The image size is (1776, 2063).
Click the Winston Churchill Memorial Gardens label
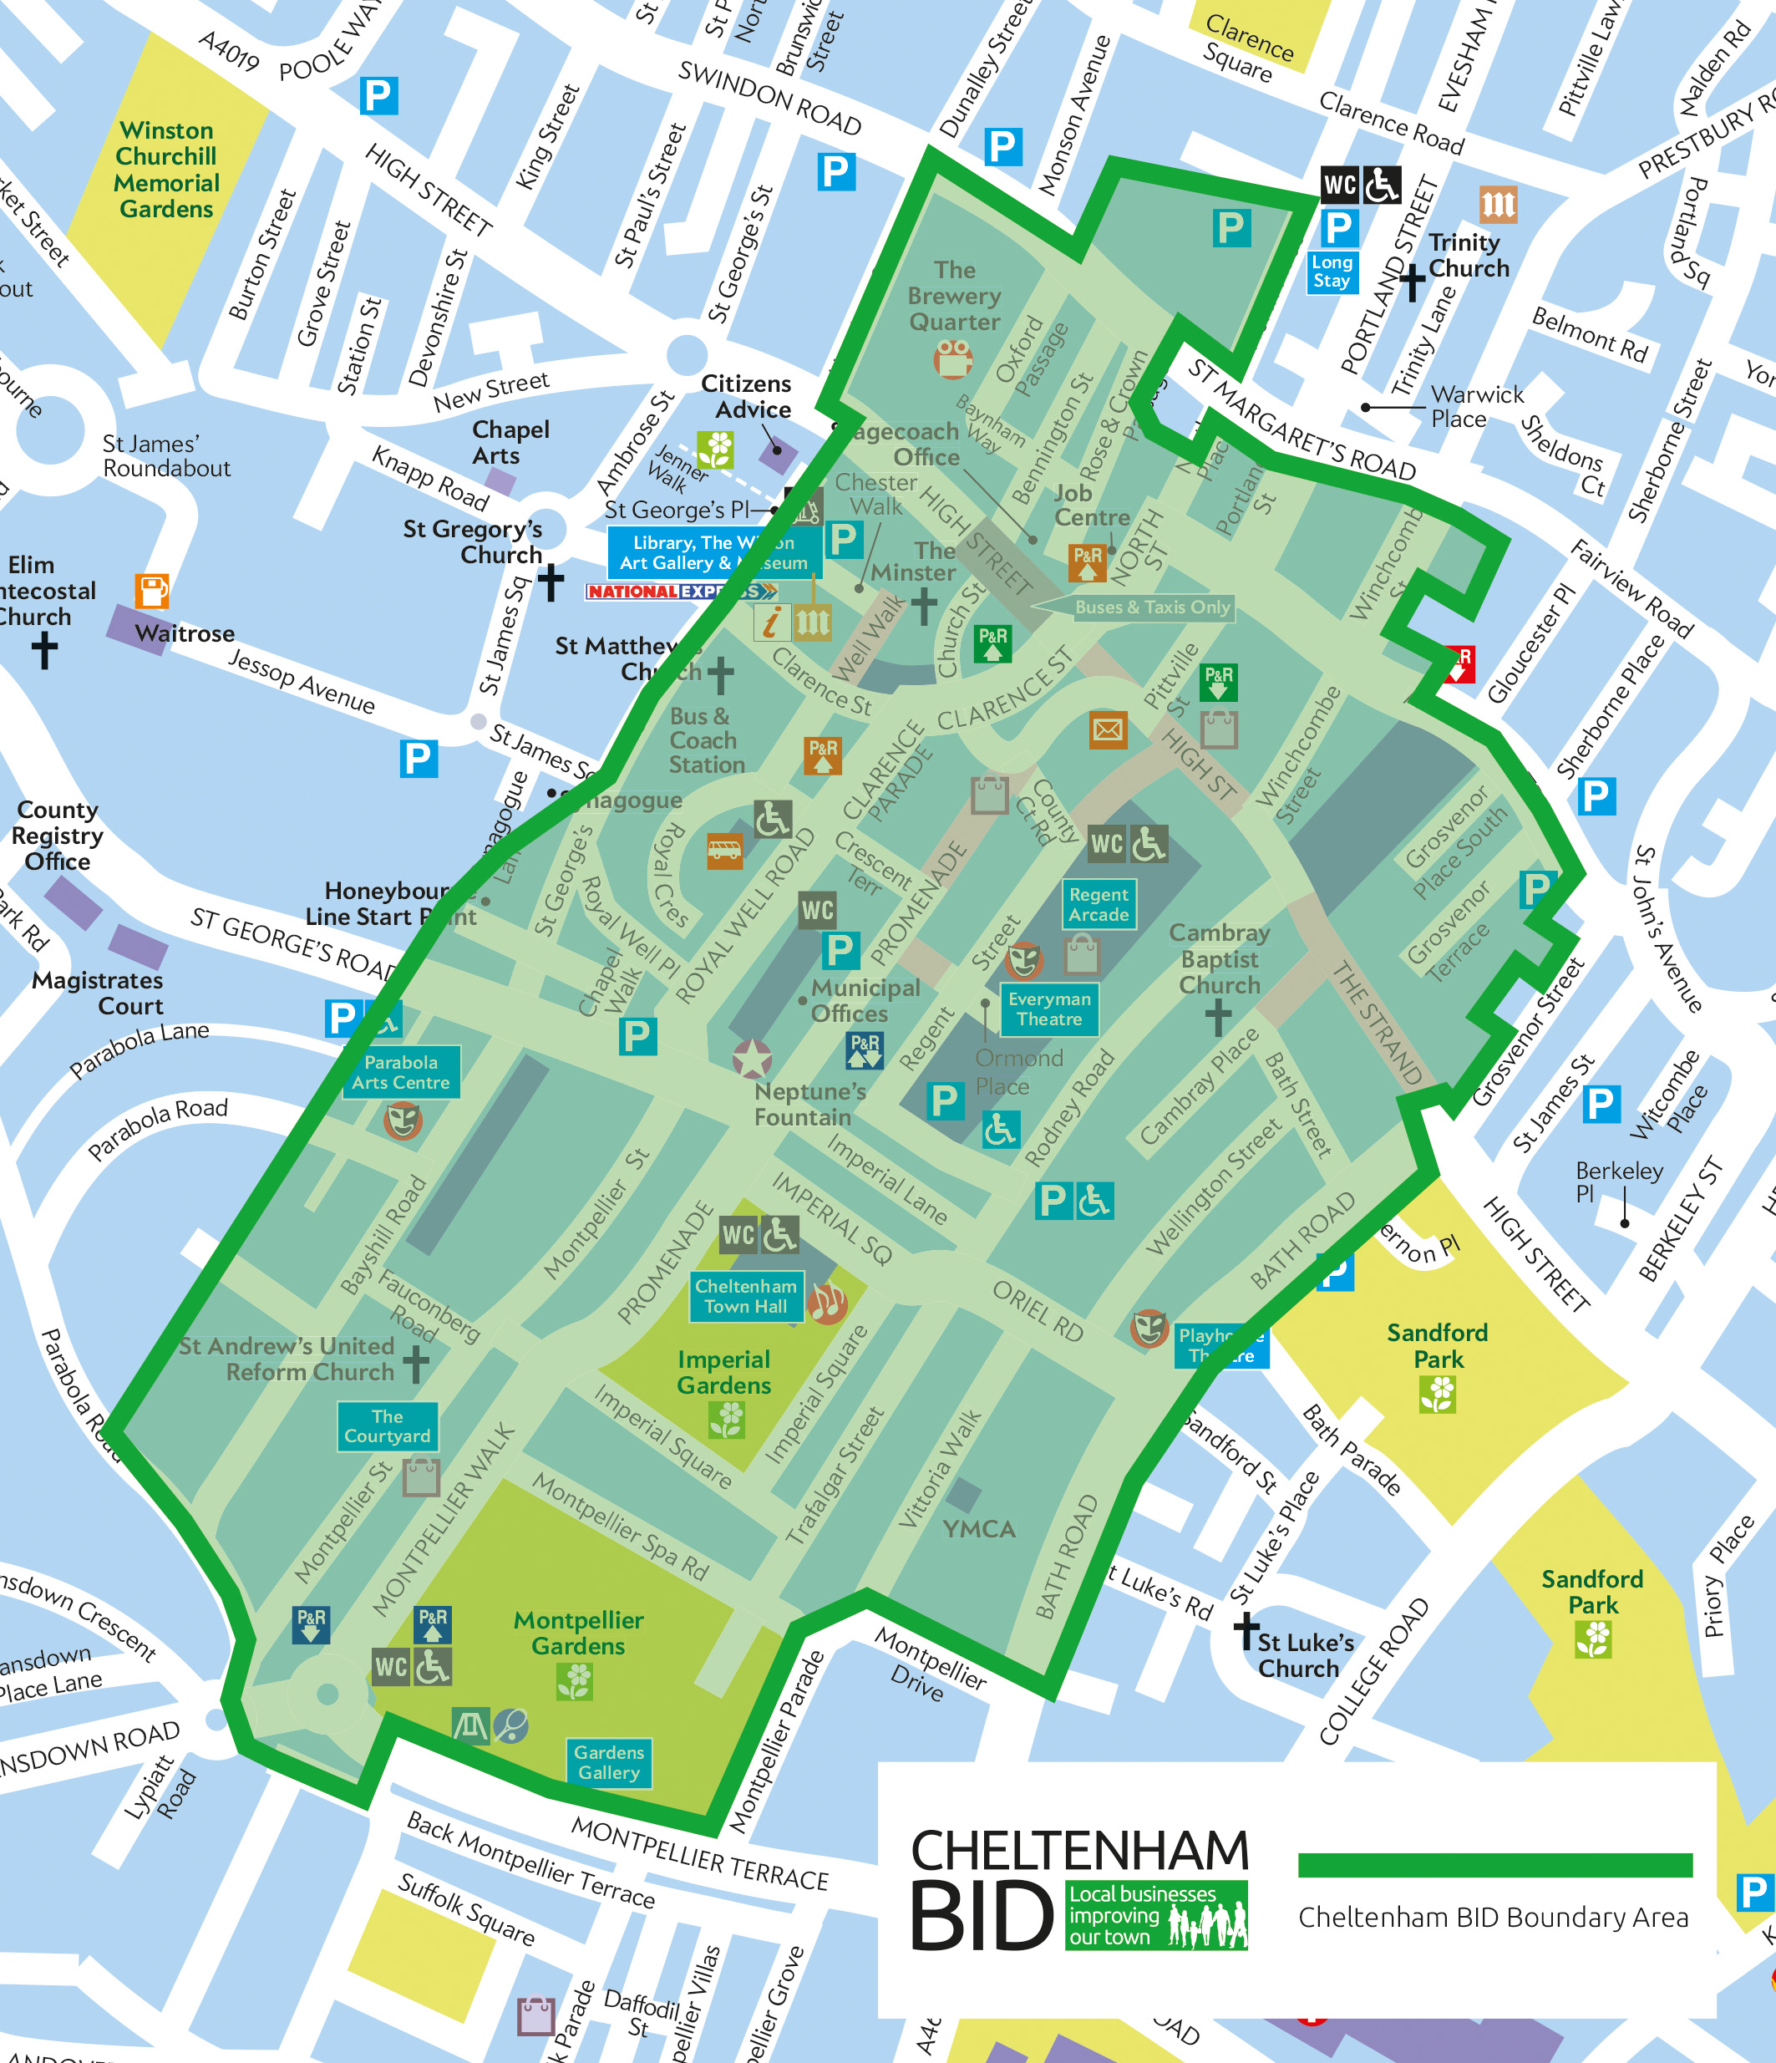[x=166, y=170]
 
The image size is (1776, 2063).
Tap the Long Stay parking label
[x=1331, y=271]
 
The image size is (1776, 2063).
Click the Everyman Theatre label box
[x=1048, y=1009]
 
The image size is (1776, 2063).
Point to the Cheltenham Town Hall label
[x=746, y=1296]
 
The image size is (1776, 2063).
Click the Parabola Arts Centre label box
[x=400, y=1072]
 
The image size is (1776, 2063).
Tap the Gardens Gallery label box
[x=608, y=1762]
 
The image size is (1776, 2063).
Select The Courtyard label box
[x=388, y=1425]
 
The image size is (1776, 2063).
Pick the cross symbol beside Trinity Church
[x=1412, y=282]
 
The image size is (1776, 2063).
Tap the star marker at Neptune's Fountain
[x=752, y=1059]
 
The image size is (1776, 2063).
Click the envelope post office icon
[x=1107, y=729]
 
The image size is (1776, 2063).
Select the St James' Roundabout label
[x=165, y=456]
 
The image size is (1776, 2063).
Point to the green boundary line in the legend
[x=1494, y=1865]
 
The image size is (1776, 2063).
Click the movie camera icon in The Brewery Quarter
[x=952, y=358]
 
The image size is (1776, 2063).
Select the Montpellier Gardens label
[x=577, y=1633]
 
